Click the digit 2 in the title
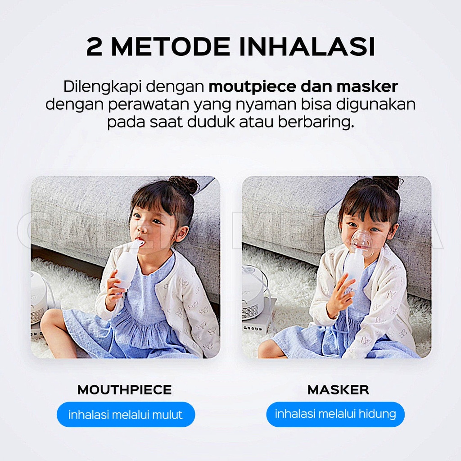(94, 47)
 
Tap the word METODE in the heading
(171, 47)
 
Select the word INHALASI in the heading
(307, 47)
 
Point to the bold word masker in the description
(367, 86)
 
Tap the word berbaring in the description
(316, 122)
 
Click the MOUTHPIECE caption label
(125, 390)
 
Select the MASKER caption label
(338, 390)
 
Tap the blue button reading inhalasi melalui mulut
(126, 415)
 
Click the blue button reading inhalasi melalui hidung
(335, 414)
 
